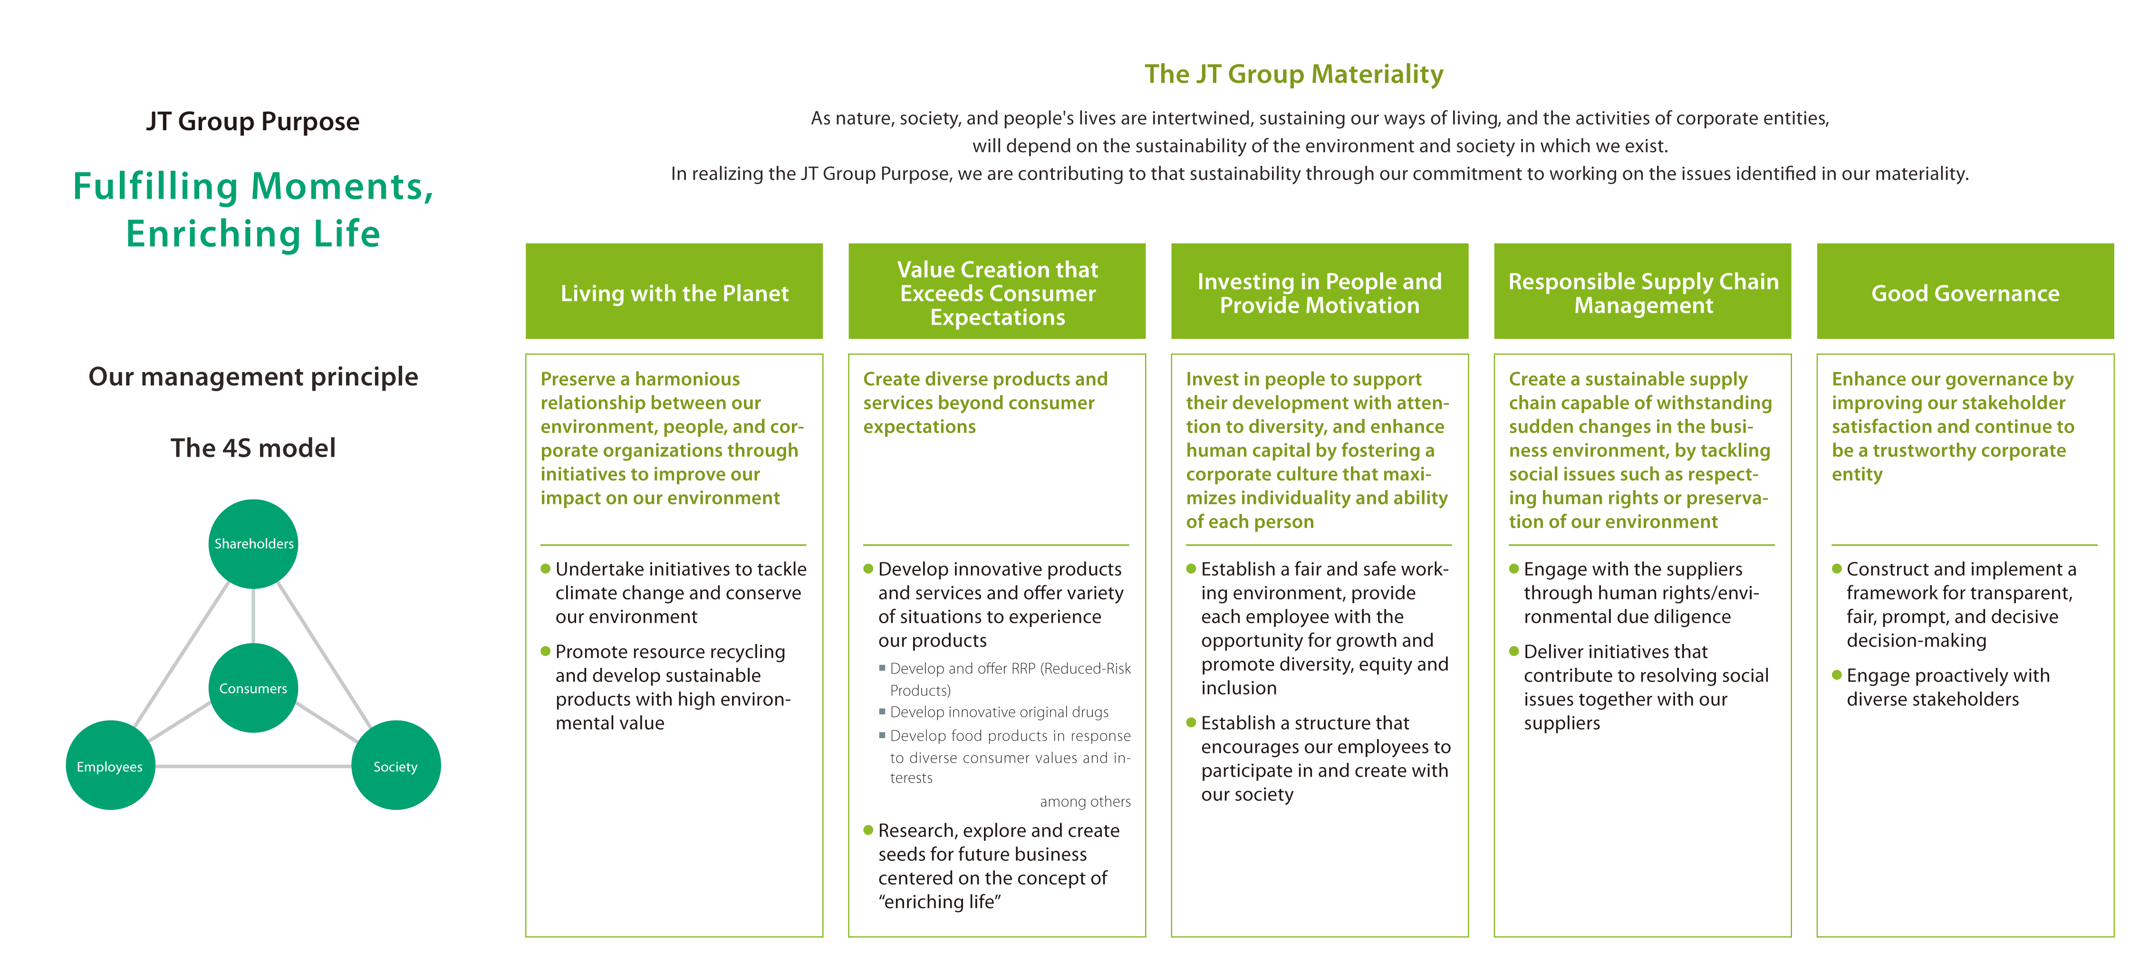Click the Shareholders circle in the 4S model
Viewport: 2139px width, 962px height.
point(253,544)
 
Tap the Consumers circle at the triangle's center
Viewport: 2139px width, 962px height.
point(253,688)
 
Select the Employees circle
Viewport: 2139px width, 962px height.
point(110,765)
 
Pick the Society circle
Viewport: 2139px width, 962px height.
point(396,765)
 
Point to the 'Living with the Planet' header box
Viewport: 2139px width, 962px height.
point(674,291)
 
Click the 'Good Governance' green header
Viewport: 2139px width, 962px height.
point(1966,291)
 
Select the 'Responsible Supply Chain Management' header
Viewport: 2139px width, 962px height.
point(1642,291)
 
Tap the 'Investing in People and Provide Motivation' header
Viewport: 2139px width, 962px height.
point(1320,291)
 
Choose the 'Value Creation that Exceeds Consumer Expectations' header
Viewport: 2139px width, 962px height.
point(997,291)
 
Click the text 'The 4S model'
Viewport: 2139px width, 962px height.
point(253,448)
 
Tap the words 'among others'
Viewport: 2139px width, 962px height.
point(1085,802)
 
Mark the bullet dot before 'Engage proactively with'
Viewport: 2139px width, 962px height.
point(1837,675)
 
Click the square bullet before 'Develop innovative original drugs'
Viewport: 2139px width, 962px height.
point(882,712)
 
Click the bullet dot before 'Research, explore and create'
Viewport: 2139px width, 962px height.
point(868,830)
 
